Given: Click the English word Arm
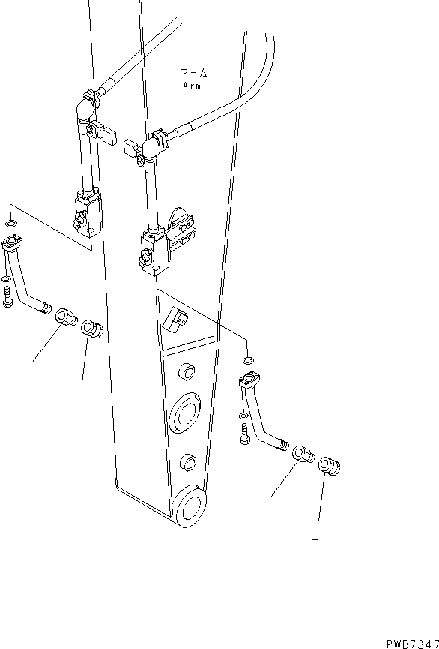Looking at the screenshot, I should tap(191, 86).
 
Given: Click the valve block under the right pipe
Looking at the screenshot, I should tap(153, 251).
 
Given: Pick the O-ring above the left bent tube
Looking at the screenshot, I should tap(9, 224).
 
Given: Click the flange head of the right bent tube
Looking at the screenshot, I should tap(249, 380).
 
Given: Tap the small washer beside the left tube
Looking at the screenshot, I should tap(7, 280).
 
